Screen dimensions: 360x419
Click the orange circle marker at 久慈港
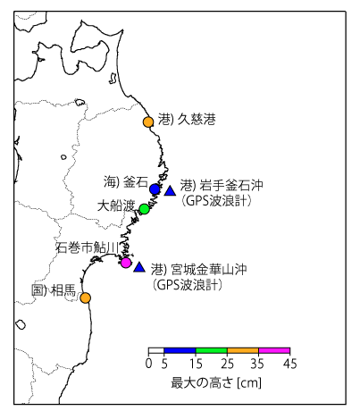148,122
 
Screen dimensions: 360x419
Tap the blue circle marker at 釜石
155,190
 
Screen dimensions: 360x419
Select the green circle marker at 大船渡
145,208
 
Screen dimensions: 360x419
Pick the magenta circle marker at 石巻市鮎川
126,263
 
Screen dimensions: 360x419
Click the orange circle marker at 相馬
86,297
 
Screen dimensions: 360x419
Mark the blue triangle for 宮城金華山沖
138,267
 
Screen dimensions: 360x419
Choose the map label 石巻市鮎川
88,247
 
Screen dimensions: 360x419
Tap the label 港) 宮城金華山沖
198,269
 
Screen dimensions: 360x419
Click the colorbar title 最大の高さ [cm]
218,381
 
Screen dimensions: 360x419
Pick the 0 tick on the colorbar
148,364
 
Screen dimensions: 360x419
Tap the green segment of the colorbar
212,352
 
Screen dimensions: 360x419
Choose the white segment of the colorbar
156,352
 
